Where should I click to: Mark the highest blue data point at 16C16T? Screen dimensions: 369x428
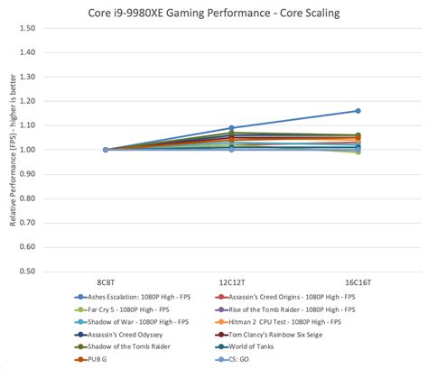pyautogui.click(x=358, y=111)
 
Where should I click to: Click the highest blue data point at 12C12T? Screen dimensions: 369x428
pyautogui.click(x=231, y=128)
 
